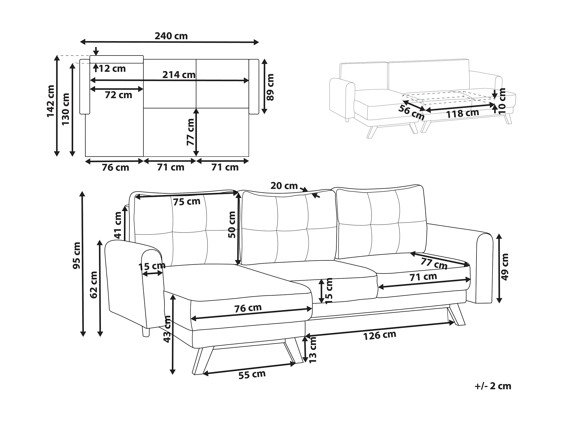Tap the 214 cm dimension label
179,75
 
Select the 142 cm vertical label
51,101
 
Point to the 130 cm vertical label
66,109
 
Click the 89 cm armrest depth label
270,87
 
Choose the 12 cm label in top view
112,69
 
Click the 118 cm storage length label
462,113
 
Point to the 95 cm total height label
76,255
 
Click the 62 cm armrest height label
94,285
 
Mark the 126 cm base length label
380,335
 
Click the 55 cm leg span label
252,374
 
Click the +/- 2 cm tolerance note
493,386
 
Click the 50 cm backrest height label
232,225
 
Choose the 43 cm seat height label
167,329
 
